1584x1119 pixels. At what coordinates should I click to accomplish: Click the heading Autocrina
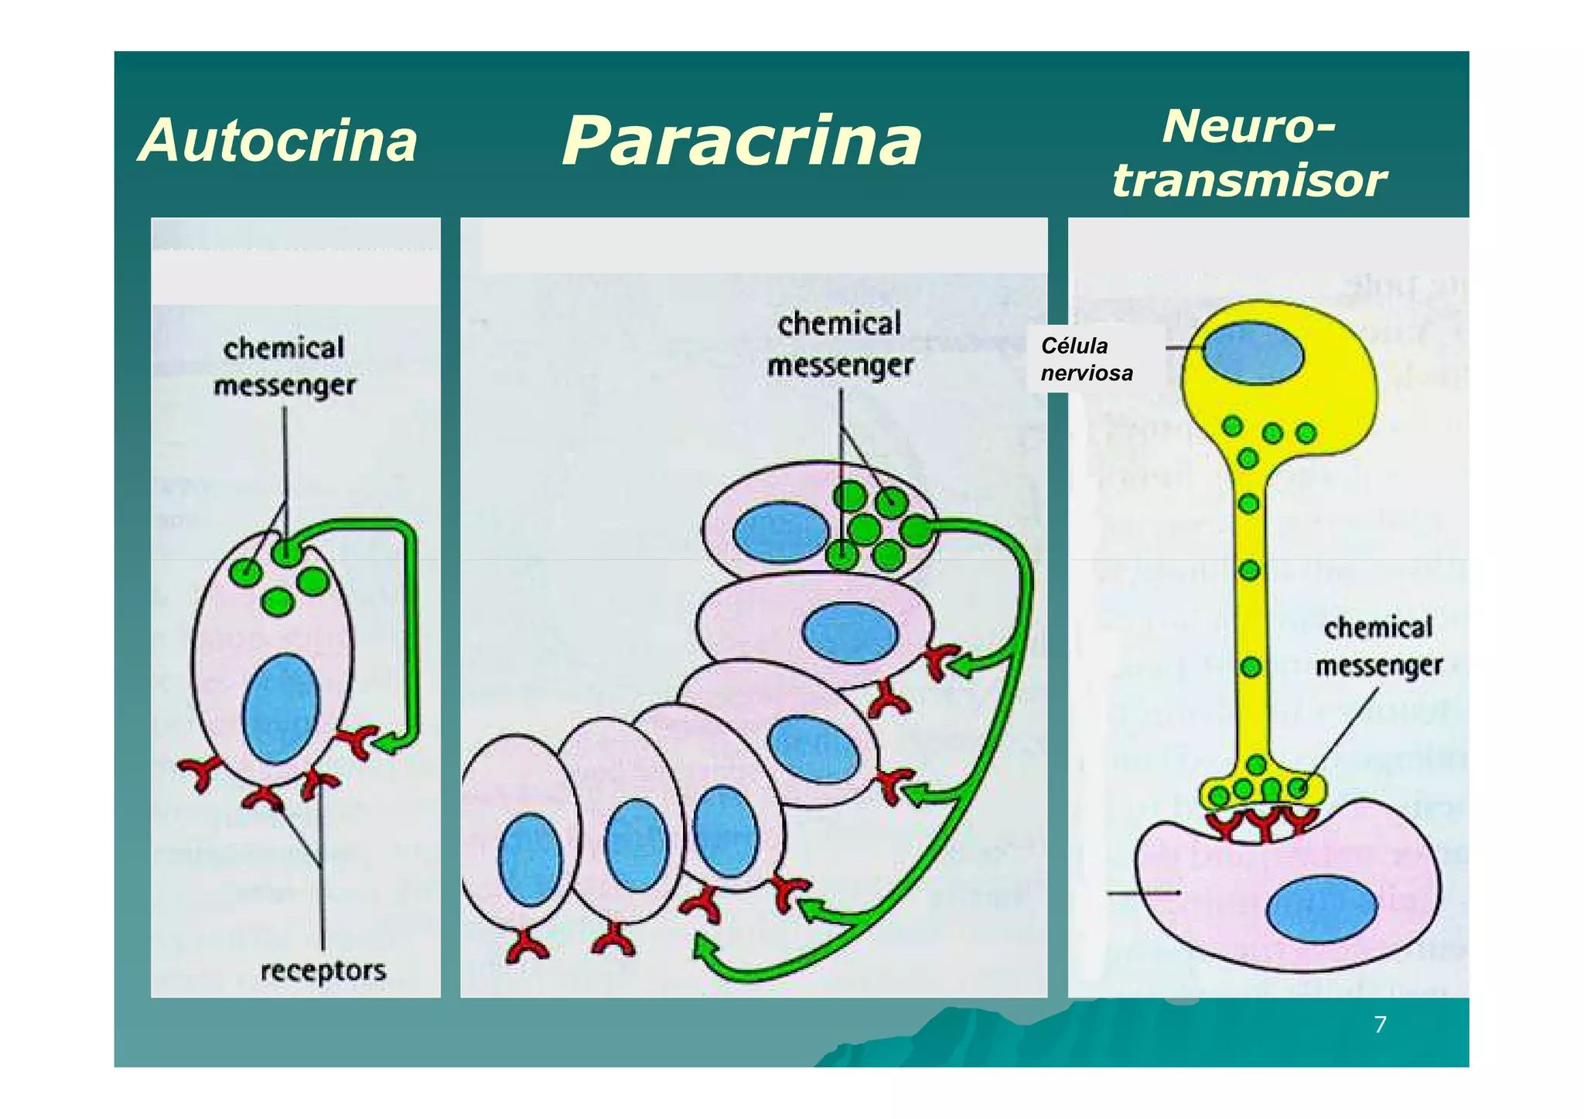[x=278, y=141]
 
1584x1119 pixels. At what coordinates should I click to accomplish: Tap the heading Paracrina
[x=742, y=141]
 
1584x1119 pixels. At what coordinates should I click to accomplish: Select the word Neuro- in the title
[x=1248, y=125]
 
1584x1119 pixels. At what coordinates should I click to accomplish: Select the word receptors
[x=323, y=970]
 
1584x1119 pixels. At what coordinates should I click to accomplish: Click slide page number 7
[x=1380, y=1025]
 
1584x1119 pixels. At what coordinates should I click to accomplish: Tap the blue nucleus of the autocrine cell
[x=281, y=708]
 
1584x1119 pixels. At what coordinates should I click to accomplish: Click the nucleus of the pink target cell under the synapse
[x=1322, y=909]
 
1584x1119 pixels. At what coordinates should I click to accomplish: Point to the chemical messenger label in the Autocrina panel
[x=284, y=366]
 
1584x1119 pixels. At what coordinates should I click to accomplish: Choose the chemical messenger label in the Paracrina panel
[x=840, y=344]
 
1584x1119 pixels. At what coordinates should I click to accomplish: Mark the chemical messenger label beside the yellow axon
[x=1378, y=646]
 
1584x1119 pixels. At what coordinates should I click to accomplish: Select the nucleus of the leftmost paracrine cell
[x=530, y=859]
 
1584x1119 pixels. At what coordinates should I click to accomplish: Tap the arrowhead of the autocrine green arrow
[x=387, y=744]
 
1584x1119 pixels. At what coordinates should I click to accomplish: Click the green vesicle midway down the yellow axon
[x=1250, y=571]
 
